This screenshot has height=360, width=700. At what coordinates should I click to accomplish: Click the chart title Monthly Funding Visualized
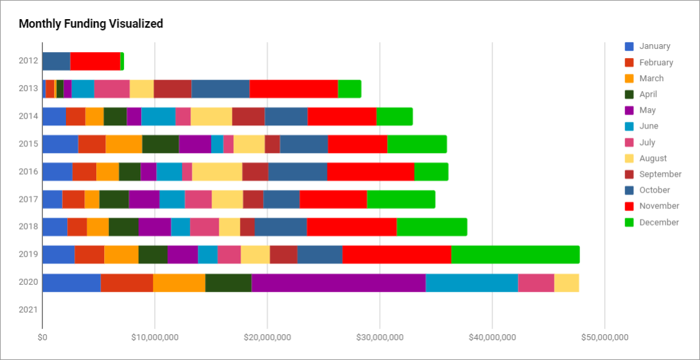91,24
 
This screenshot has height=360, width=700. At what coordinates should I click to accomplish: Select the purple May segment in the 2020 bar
338,282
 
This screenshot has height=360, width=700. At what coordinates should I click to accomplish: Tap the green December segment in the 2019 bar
515,255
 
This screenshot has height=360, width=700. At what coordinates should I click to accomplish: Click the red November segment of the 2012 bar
95,61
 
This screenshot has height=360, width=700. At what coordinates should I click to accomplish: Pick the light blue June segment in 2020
471,282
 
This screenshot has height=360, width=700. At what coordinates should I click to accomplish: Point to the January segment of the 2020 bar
71,282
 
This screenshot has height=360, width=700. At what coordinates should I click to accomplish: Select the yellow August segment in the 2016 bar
217,171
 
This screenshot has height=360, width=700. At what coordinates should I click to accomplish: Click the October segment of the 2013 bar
220,88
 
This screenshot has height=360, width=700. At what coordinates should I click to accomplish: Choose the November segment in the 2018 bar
351,227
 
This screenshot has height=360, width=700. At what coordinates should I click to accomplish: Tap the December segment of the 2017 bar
401,199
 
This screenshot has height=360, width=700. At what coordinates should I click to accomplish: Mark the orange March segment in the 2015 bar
124,144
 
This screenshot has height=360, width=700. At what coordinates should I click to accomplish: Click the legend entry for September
660,174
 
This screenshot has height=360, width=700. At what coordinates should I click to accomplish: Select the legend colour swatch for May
629,110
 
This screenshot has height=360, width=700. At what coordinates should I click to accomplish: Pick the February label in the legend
656,63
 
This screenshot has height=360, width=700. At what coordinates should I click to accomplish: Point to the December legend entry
658,222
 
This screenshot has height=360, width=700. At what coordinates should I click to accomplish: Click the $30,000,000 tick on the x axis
380,338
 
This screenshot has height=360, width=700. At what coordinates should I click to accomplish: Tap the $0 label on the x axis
42,338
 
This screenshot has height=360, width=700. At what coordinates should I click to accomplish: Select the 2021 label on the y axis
28,309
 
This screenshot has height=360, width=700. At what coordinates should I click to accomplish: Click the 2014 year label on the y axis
28,116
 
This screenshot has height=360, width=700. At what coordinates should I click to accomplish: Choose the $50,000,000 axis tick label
604,338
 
